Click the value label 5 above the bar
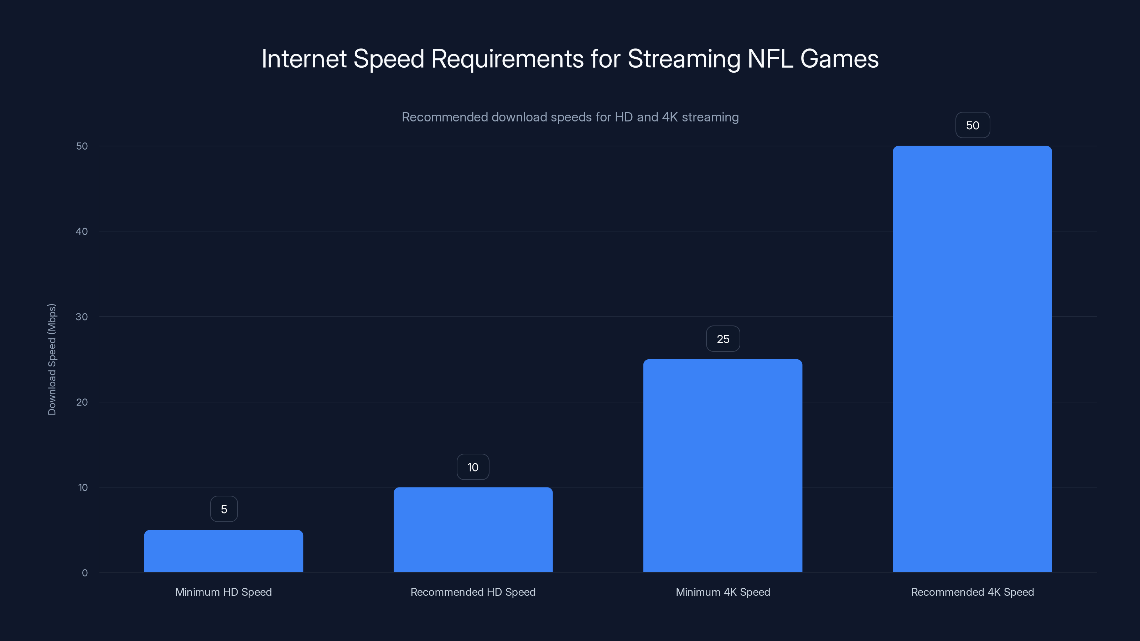click(x=224, y=509)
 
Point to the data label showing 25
click(x=723, y=339)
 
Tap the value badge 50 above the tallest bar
click(x=973, y=125)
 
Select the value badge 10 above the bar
click(x=473, y=467)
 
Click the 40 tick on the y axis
click(x=82, y=231)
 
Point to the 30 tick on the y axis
click(x=82, y=317)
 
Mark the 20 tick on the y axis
click(x=82, y=402)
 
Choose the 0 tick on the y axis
click(x=84, y=573)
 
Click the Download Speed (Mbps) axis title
click(x=52, y=359)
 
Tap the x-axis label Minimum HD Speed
click(x=223, y=592)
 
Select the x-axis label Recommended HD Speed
click(x=473, y=592)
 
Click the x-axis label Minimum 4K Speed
click(x=723, y=592)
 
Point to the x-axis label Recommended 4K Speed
click(x=972, y=592)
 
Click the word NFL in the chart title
click(x=770, y=59)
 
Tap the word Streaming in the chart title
click(x=684, y=59)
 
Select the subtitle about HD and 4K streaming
click(x=570, y=117)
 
